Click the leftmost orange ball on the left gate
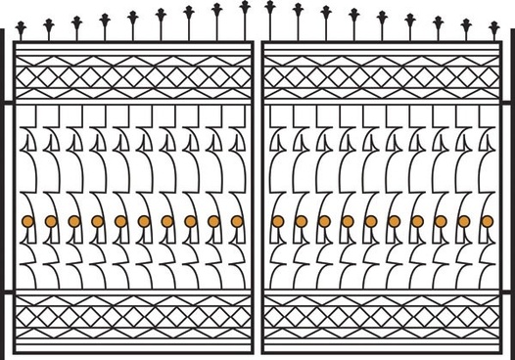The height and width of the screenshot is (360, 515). (27, 221)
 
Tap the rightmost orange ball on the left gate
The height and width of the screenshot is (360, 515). (237, 221)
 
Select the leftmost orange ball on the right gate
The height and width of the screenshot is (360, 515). (277, 221)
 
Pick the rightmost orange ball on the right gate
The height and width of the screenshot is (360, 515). (488, 221)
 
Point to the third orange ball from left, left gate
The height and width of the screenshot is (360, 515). (74, 221)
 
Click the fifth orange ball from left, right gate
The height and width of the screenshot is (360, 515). (371, 221)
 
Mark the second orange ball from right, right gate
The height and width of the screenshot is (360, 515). (464, 221)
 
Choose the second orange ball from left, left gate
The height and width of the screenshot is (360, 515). (51, 221)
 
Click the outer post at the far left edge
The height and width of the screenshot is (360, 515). (3, 196)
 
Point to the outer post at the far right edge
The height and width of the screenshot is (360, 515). (512, 196)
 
